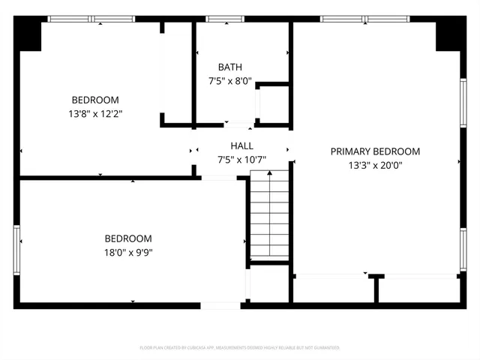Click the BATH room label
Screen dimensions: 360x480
tap(229, 67)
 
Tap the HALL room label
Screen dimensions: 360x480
tap(241, 146)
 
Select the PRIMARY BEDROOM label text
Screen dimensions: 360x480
tap(375, 151)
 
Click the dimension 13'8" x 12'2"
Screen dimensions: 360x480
tap(95, 114)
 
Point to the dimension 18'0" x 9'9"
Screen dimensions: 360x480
tap(128, 252)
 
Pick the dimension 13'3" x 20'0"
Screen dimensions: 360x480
tap(375, 166)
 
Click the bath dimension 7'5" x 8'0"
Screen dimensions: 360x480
tap(229, 81)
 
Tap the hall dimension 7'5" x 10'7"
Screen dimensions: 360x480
tap(241, 160)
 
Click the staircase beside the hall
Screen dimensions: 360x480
tap(268, 214)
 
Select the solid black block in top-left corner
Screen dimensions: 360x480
tap(30, 34)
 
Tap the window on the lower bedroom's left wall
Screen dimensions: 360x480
tap(16, 247)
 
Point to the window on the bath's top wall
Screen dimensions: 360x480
tap(219, 19)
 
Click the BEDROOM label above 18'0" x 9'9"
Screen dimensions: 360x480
tap(128, 238)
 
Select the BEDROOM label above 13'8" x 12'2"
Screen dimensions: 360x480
tap(95, 100)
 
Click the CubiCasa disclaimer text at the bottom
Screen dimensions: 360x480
tap(240, 348)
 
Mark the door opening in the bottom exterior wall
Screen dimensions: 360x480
tap(220, 305)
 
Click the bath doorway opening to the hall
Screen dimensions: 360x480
tap(238, 124)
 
